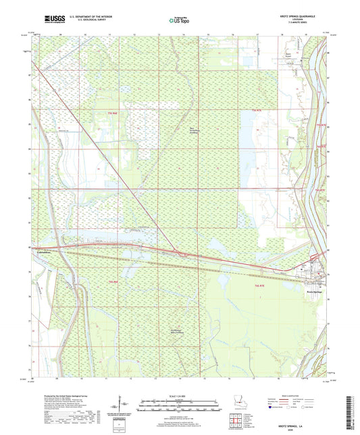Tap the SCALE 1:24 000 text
[180, 396]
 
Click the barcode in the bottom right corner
[354, 411]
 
